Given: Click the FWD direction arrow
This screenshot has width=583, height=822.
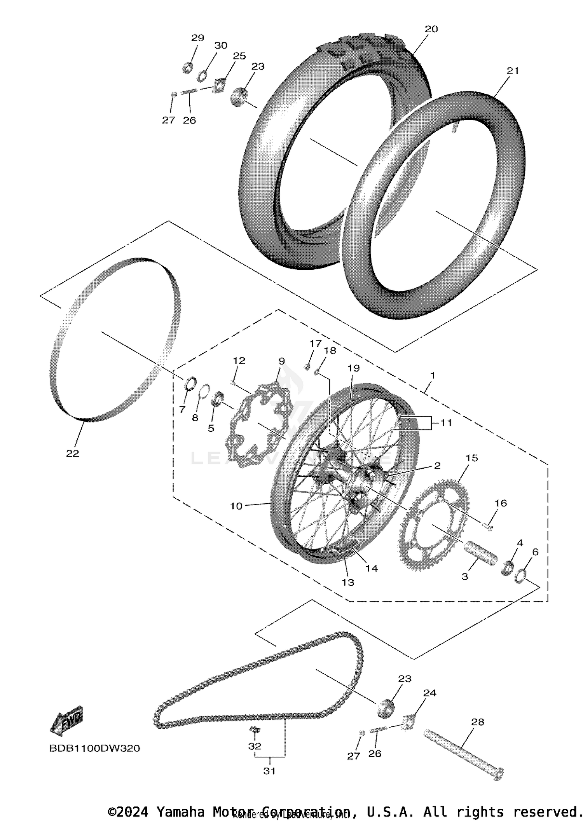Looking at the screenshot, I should click(x=67, y=721).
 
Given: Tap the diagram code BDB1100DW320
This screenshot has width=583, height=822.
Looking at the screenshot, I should click(x=94, y=748).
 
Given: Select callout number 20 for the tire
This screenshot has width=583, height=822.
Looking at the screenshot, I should click(x=431, y=29).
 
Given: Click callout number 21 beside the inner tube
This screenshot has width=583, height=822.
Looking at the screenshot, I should click(x=513, y=70).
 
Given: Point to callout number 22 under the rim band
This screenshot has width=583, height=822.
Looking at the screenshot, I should click(x=73, y=453).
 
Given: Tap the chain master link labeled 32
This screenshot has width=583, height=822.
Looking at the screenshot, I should click(x=254, y=730).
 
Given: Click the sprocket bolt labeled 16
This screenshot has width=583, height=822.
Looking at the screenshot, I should click(x=488, y=527).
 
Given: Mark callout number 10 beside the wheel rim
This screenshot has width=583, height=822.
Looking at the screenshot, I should click(x=236, y=506).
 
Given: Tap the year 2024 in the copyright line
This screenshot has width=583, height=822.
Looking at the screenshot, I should click(x=133, y=812).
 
